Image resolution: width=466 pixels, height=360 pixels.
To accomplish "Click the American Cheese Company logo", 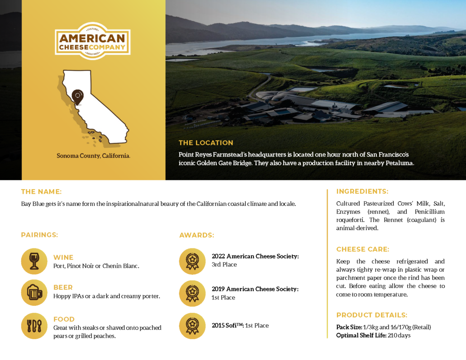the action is pos(93,41).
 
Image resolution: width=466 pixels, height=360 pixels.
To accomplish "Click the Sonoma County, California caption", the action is pos(93,156).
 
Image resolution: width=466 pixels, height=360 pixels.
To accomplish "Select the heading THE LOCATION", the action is pos(206,143).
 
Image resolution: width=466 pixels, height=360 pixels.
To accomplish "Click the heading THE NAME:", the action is pos(41,192).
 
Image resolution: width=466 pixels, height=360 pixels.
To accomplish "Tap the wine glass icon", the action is pos(34,261).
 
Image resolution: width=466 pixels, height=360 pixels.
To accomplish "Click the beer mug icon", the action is pos(34,293).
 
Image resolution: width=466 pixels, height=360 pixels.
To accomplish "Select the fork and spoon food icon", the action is pos(34,326).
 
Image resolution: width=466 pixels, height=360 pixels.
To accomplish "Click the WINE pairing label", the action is pos(63,257).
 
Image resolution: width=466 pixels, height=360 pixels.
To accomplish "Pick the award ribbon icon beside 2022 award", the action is pos(192,261).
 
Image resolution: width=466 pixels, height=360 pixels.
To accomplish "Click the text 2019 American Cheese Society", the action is pos(255,289).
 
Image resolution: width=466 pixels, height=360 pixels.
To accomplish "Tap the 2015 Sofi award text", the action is pos(240,326).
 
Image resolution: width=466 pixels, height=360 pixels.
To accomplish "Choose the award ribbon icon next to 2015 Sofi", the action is pos(192,326).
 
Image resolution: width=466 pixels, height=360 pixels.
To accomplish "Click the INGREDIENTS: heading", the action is pos(362,191).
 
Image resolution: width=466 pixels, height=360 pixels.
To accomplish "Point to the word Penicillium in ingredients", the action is pos(430,212).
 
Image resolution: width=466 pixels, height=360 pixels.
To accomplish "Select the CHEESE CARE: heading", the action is pos(362,249).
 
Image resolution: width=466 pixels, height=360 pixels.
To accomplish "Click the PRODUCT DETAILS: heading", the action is pos(372,315).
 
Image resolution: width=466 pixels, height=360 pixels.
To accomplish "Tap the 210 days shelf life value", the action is pos(399,335).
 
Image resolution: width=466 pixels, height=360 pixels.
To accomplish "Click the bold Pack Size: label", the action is pos(349,327).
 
